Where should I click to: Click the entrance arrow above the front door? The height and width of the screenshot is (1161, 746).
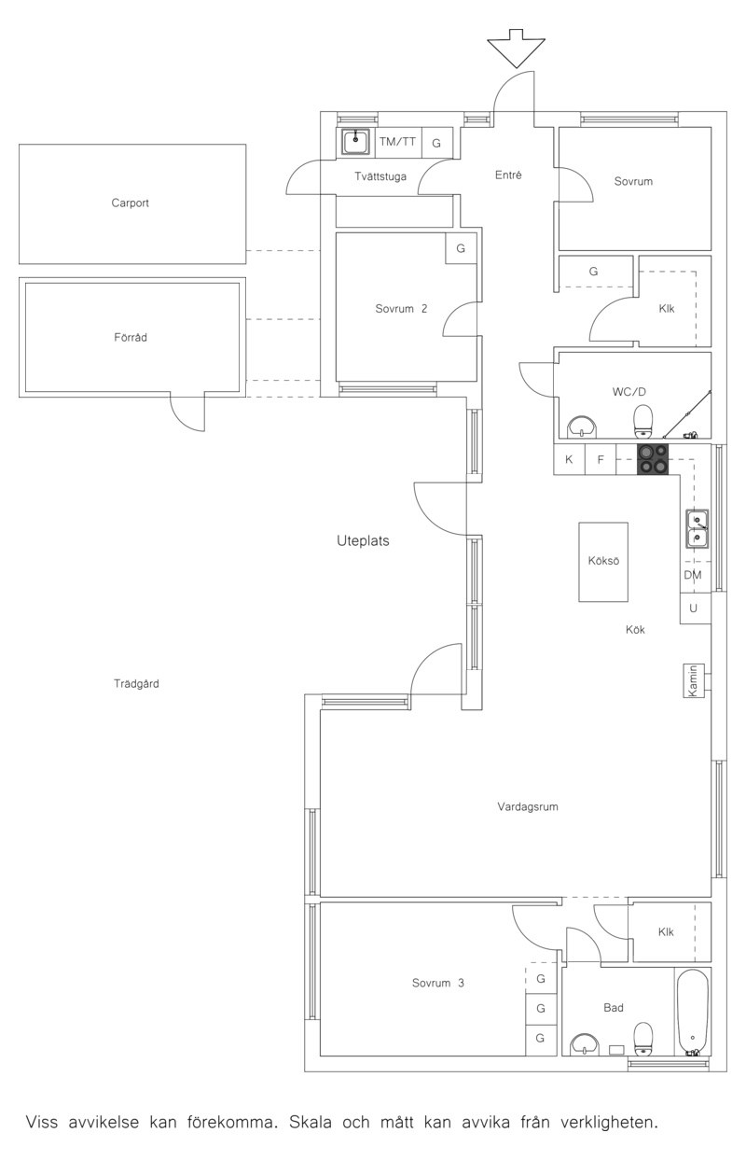tap(516, 49)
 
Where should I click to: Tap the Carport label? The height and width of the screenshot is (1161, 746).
tap(130, 203)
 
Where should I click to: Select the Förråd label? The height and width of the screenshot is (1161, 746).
tap(131, 338)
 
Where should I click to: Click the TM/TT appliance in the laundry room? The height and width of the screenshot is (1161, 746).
tap(397, 142)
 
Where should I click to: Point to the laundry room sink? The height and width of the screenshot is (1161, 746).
tap(355, 142)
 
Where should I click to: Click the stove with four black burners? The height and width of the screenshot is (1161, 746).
tap(653, 459)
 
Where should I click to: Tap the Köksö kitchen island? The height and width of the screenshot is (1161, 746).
tap(603, 562)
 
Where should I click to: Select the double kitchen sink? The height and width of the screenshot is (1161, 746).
tap(698, 528)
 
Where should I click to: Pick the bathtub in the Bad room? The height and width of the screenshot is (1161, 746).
tap(692, 1013)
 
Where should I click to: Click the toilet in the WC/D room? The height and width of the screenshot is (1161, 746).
tap(643, 420)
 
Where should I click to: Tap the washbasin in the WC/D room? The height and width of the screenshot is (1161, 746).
tap(583, 427)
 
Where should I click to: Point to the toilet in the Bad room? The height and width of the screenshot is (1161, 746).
tap(643, 1039)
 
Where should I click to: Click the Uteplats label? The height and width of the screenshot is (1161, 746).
tap(363, 540)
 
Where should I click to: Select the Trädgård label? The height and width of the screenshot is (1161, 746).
tap(136, 684)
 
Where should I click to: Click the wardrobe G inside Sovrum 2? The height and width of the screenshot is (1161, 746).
tap(461, 248)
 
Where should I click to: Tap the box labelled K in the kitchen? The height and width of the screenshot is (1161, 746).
tap(569, 459)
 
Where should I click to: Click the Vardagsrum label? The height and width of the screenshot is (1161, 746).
tap(528, 806)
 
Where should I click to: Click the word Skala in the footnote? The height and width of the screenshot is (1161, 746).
tap(311, 1120)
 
